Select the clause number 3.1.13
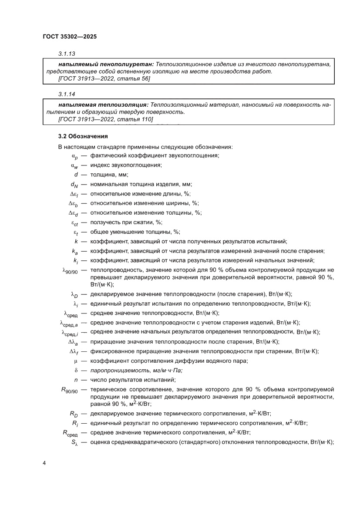point(67,54)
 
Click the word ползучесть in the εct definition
point(105,222)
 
